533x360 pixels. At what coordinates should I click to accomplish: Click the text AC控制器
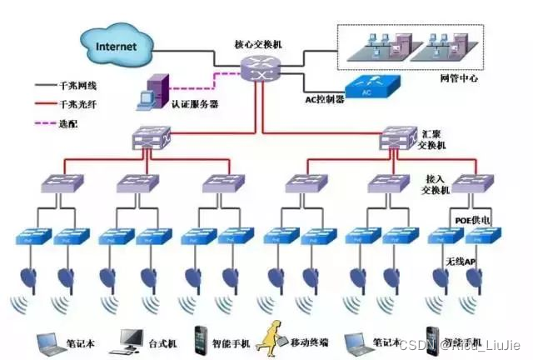321,100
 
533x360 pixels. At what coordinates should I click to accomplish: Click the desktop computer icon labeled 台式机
133,338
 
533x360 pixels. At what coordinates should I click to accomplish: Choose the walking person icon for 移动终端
273,337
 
